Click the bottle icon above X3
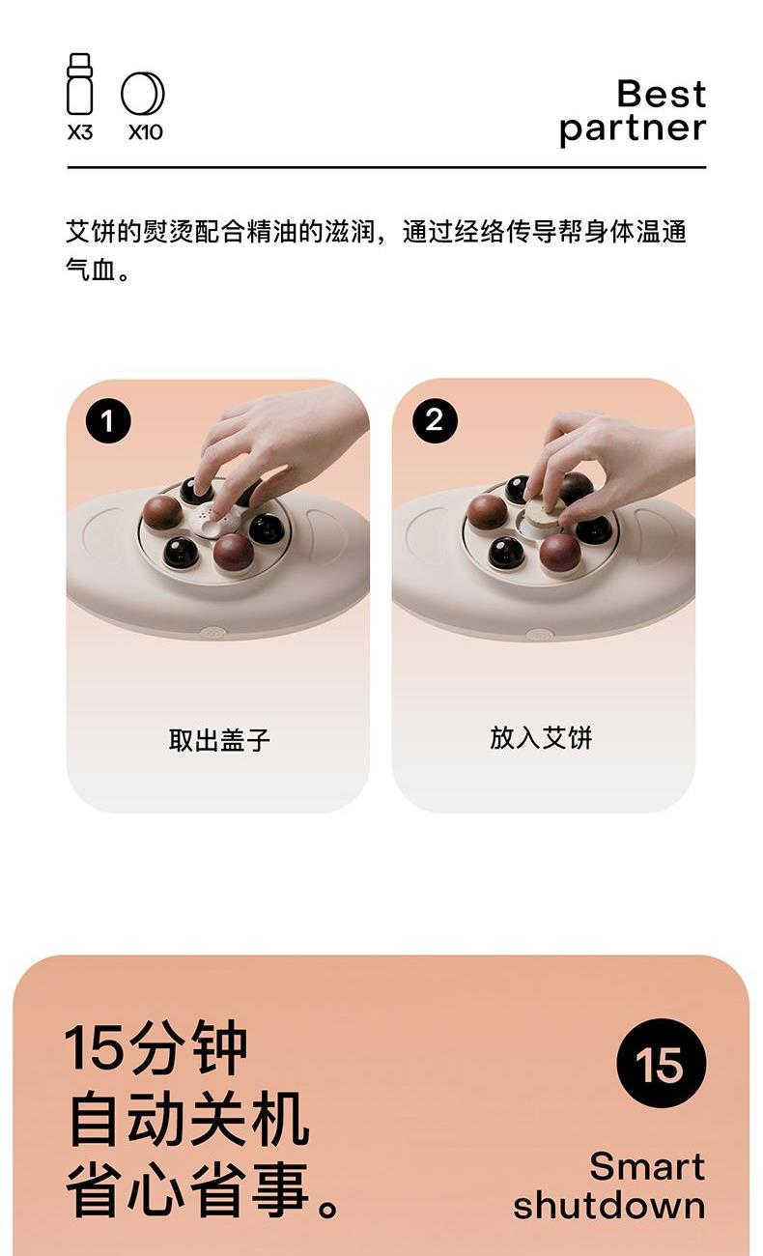coord(79,84)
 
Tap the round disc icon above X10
coord(143,93)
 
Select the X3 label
coord(80,133)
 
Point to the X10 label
coord(145,133)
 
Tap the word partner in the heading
coord(633,128)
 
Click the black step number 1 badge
coord(108,420)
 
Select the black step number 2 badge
coord(435,420)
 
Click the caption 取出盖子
coord(219,740)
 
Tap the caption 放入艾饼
coord(541,737)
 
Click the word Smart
coord(647,1167)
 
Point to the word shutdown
coord(609,1206)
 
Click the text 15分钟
coord(155,1047)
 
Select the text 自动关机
coord(189,1120)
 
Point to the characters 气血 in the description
coord(90,271)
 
